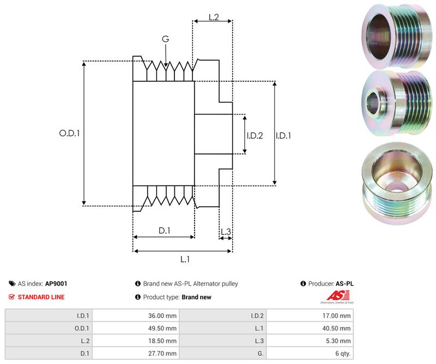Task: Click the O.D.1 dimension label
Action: pyautogui.click(x=69, y=133)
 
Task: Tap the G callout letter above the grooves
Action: pyautogui.click(x=165, y=39)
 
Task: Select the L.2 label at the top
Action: pyautogui.click(x=213, y=18)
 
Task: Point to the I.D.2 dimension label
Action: pyautogui.click(x=255, y=135)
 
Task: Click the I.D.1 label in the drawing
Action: pyautogui.click(x=283, y=135)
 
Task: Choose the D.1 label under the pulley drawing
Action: pyautogui.click(x=165, y=231)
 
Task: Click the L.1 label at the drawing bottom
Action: pyautogui.click(x=185, y=259)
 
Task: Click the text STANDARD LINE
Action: pyautogui.click(x=41, y=297)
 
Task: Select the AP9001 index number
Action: pyautogui.click(x=56, y=284)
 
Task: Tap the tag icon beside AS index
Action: pyautogui.click(x=12, y=284)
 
